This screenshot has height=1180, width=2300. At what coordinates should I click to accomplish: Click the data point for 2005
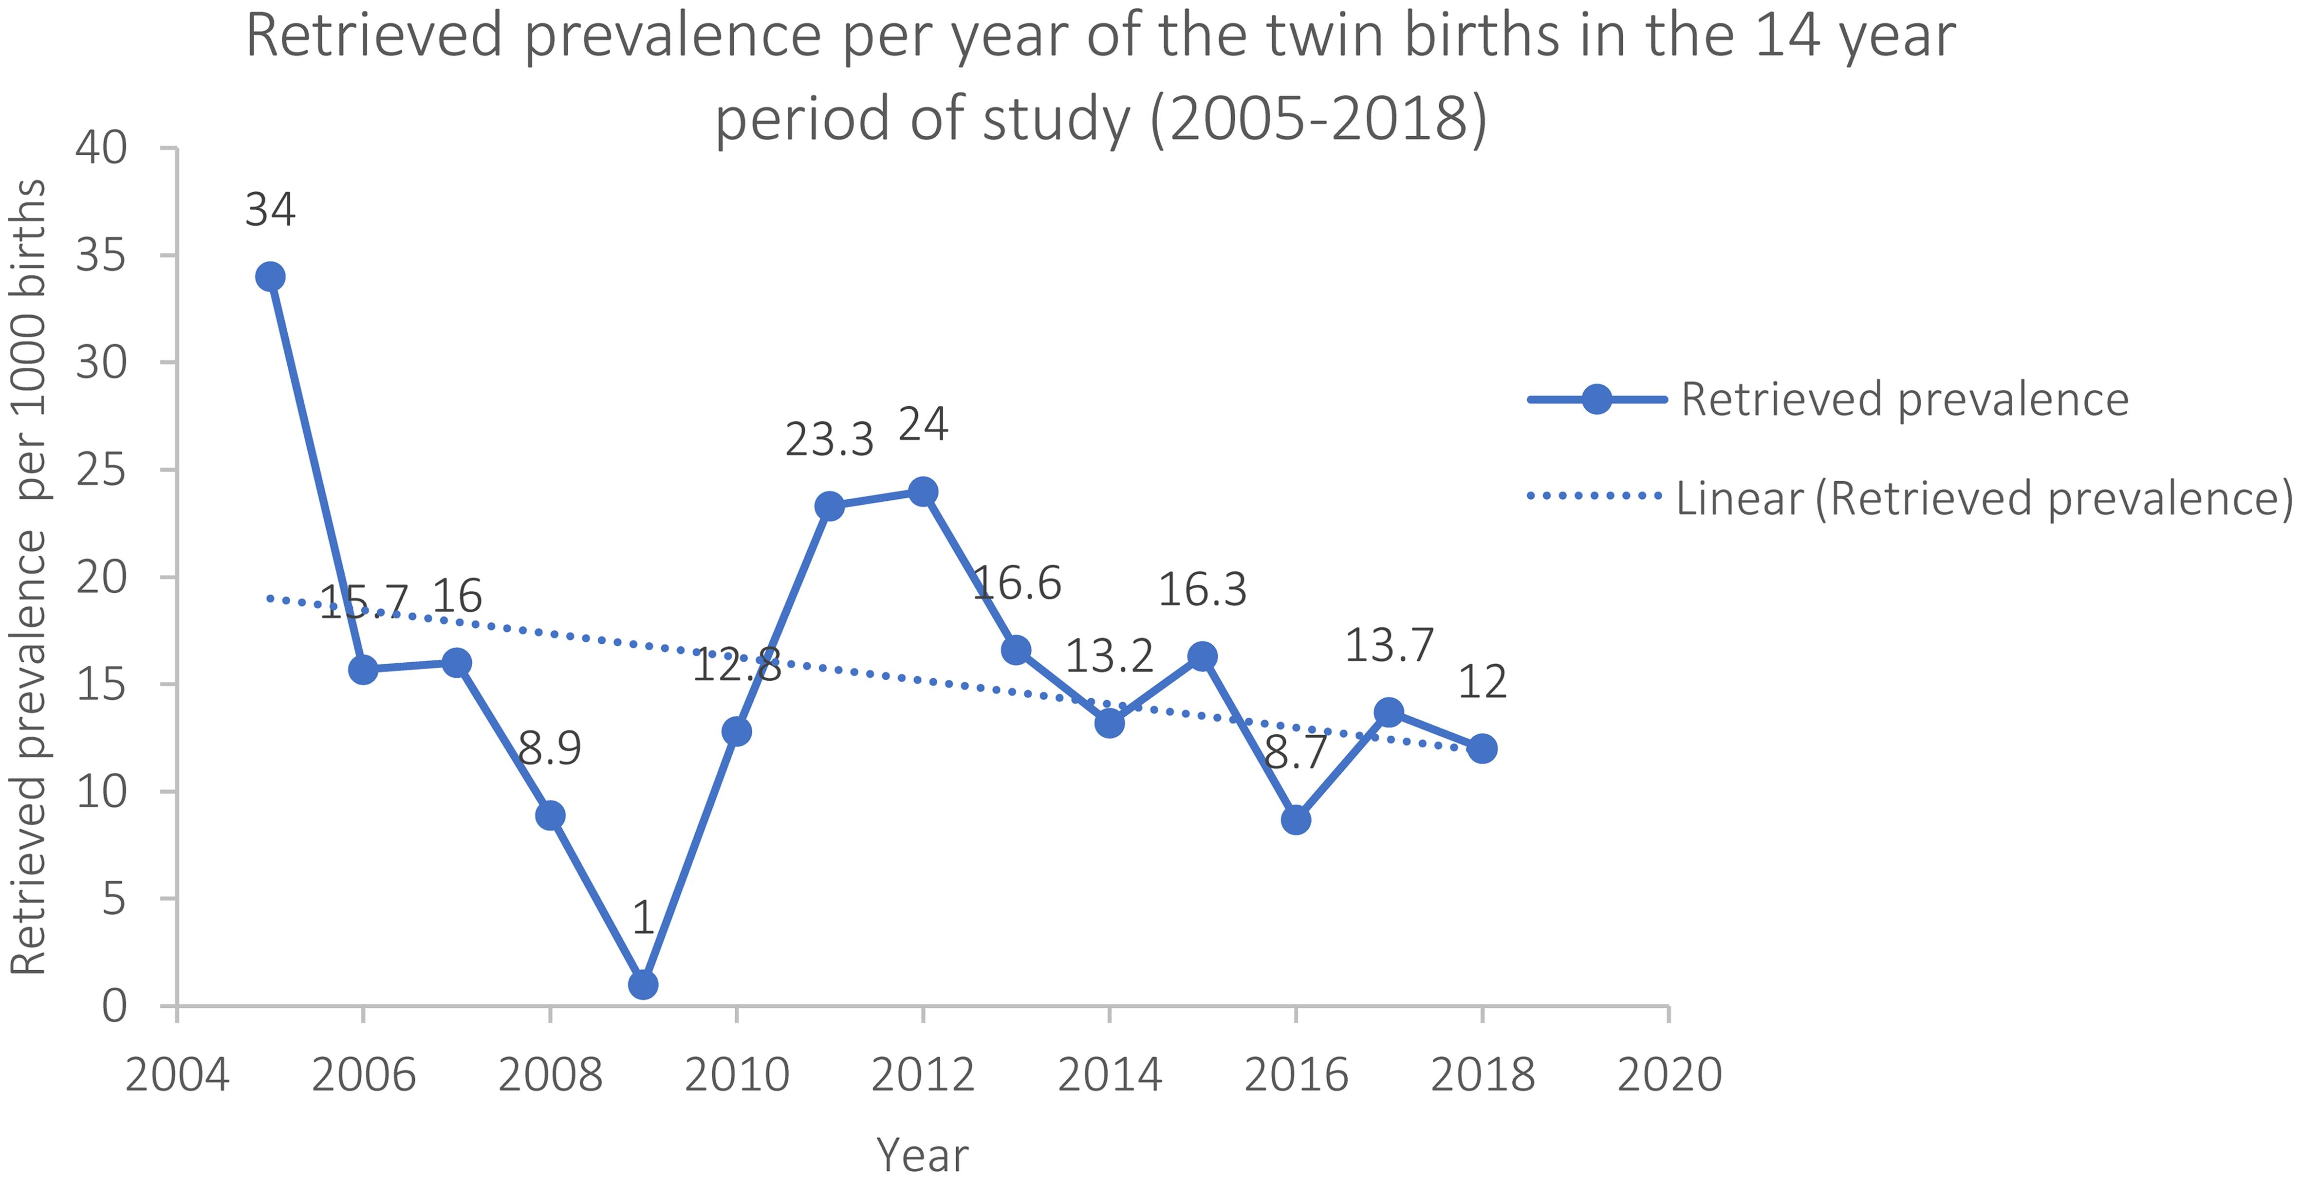point(270,277)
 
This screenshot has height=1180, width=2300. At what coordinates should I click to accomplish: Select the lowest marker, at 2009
point(643,984)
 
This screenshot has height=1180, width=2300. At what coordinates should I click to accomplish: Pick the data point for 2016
point(1296,819)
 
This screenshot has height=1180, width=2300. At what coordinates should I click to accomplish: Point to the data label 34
point(270,211)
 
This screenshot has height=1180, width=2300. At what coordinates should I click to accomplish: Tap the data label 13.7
point(1389,645)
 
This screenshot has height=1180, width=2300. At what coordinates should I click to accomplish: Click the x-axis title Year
point(922,1155)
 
